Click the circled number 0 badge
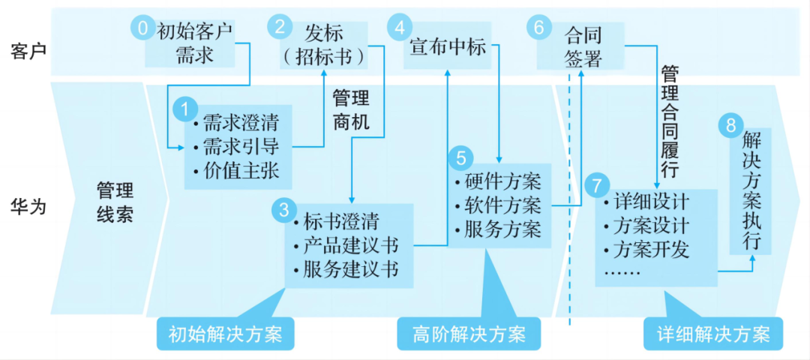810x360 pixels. (x=141, y=28)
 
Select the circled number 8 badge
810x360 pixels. (x=729, y=125)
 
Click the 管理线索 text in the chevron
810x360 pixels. (x=115, y=201)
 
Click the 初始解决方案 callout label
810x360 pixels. (x=226, y=334)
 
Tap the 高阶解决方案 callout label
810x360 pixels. (x=469, y=334)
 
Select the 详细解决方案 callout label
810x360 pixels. (x=713, y=334)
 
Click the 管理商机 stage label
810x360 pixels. (x=351, y=110)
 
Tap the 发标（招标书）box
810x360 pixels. (x=324, y=44)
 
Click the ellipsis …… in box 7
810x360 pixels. (x=622, y=271)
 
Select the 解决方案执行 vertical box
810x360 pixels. (x=751, y=191)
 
